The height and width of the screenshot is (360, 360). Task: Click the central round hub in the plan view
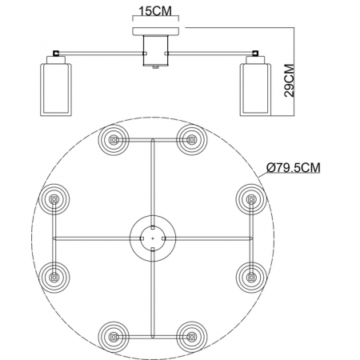coord(151,237)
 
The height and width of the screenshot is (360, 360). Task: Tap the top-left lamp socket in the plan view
coord(113,140)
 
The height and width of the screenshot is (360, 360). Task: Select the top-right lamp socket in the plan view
coord(190,140)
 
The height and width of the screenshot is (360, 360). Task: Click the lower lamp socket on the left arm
coord(54,277)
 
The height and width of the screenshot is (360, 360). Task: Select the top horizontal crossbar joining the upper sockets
coord(151,141)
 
